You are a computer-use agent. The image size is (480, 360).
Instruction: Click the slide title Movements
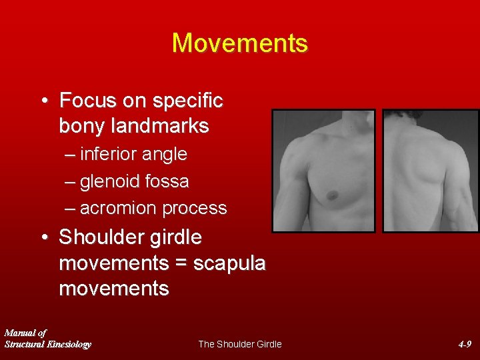pyautogui.click(x=240, y=43)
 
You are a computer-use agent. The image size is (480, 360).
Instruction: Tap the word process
pyautogui.click(x=195, y=208)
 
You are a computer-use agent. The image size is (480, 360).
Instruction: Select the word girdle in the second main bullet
pyautogui.click(x=178, y=237)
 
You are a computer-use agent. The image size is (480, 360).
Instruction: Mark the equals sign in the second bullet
pyautogui.click(x=180, y=263)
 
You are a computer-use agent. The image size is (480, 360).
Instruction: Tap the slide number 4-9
pyautogui.click(x=465, y=344)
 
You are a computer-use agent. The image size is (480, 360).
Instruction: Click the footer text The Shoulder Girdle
pyautogui.click(x=240, y=344)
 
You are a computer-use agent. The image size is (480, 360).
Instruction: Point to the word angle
pyautogui.click(x=167, y=155)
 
